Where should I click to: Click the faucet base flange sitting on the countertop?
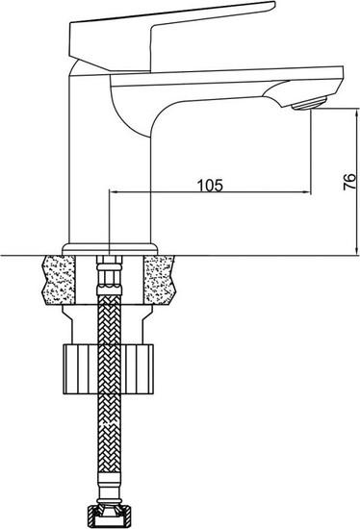point(109,247)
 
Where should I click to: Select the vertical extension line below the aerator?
point(309,154)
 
